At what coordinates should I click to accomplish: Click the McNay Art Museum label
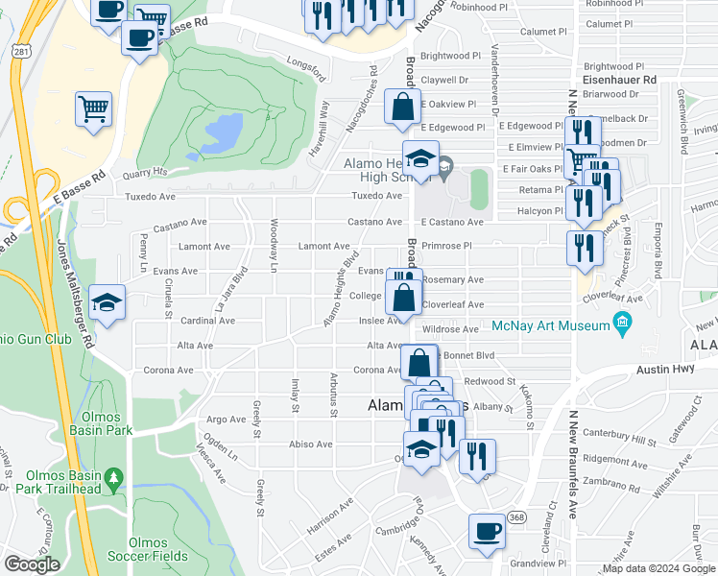tap(551, 326)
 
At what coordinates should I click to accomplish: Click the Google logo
tap(32, 564)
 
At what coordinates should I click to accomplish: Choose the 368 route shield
tap(517, 517)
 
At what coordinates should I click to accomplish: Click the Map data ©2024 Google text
tap(658, 567)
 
